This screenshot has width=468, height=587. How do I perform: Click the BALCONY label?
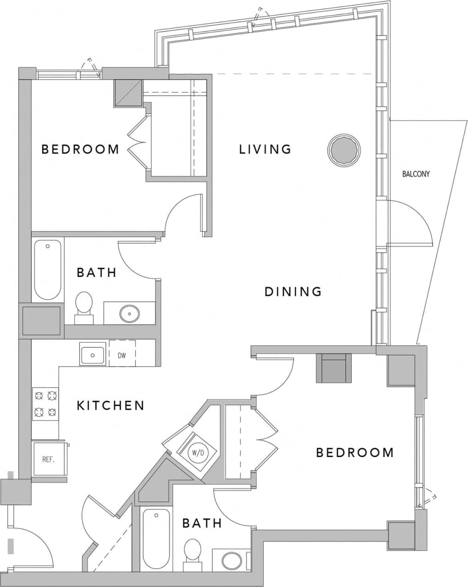tap(416, 174)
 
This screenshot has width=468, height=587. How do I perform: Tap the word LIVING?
tap(265, 149)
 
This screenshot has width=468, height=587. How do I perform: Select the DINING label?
tap(293, 292)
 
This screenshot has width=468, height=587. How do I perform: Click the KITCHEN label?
tap(110, 405)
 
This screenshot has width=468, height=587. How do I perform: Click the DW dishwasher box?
tap(122, 355)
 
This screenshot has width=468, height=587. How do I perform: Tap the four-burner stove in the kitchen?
tap(46, 404)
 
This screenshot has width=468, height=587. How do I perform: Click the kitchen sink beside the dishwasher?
tap(93, 355)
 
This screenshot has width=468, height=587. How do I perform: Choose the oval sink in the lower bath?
tap(231, 561)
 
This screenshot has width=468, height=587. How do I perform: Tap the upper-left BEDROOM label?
tap(80, 149)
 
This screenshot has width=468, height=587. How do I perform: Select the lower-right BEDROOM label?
tap(354, 452)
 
